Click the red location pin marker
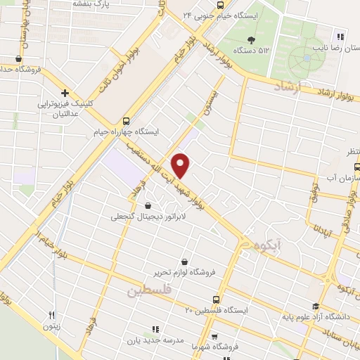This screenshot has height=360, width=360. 181,165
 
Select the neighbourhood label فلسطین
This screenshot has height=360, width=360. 151,290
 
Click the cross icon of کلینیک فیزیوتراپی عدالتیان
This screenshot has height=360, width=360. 64,93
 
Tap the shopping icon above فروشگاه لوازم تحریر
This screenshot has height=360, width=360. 184,261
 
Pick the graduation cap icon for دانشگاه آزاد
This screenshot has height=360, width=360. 315,306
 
